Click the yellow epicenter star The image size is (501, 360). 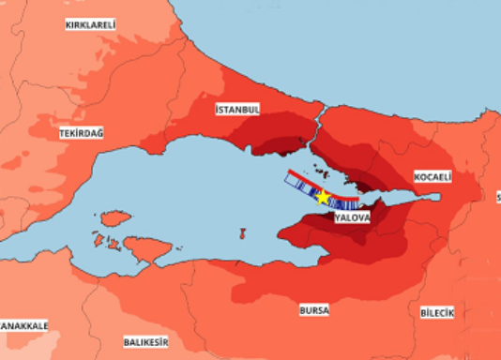pyautogui.click(x=323, y=197)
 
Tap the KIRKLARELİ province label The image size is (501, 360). pyautogui.click(x=91, y=24)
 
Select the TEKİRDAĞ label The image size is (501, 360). pyautogui.click(x=81, y=134)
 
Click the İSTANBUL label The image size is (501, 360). pyautogui.click(x=237, y=110)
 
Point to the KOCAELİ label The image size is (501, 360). pyautogui.click(x=433, y=176)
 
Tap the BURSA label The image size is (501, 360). pyautogui.click(x=314, y=309)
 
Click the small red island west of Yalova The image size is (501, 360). pyautogui.click(x=242, y=232)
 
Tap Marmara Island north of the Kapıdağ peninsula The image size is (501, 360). pyautogui.click(x=114, y=218)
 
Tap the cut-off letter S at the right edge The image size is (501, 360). pyautogui.click(x=497, y=197)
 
